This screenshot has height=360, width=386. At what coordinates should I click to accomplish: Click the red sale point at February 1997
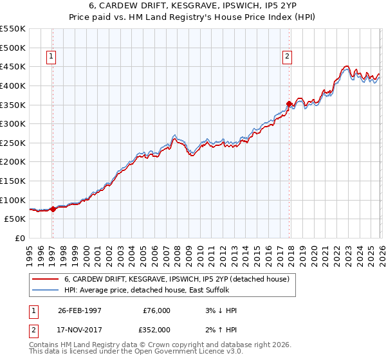(53, 208)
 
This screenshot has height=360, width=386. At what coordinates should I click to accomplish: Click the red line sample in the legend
(46, 279)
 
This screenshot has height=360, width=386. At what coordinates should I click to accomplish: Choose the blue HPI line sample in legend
(46, 290)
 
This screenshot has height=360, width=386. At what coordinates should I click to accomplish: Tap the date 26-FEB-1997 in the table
(79, 310)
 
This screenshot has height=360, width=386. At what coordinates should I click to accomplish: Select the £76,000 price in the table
(156, 310)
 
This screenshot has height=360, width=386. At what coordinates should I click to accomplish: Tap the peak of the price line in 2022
(346, 66)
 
